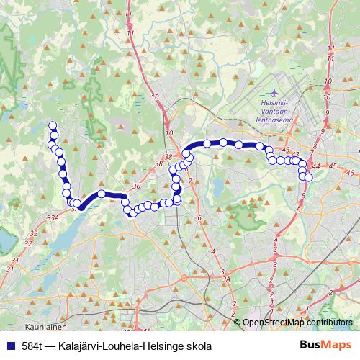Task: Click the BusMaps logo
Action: pyautogui.click(x=325, y=345)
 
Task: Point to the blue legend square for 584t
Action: pyautogui.click(x=10, y=345)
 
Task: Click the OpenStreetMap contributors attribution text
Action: pyautogui.click(x=297, y=323)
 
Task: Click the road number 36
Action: pyautogui.click(x=135, y=186)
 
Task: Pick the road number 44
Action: pyautogui.click(x=316, y=167)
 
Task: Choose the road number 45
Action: pyautogui.click(x=332, y=166)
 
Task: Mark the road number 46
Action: pyautogui.click(x=350, y=173)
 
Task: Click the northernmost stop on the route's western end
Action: pyautogui.click(x=53, y=125)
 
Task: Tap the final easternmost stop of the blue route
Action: pyautogui.click(x=310, y=177)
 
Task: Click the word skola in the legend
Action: pyautogui.click(x=189, y=345)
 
